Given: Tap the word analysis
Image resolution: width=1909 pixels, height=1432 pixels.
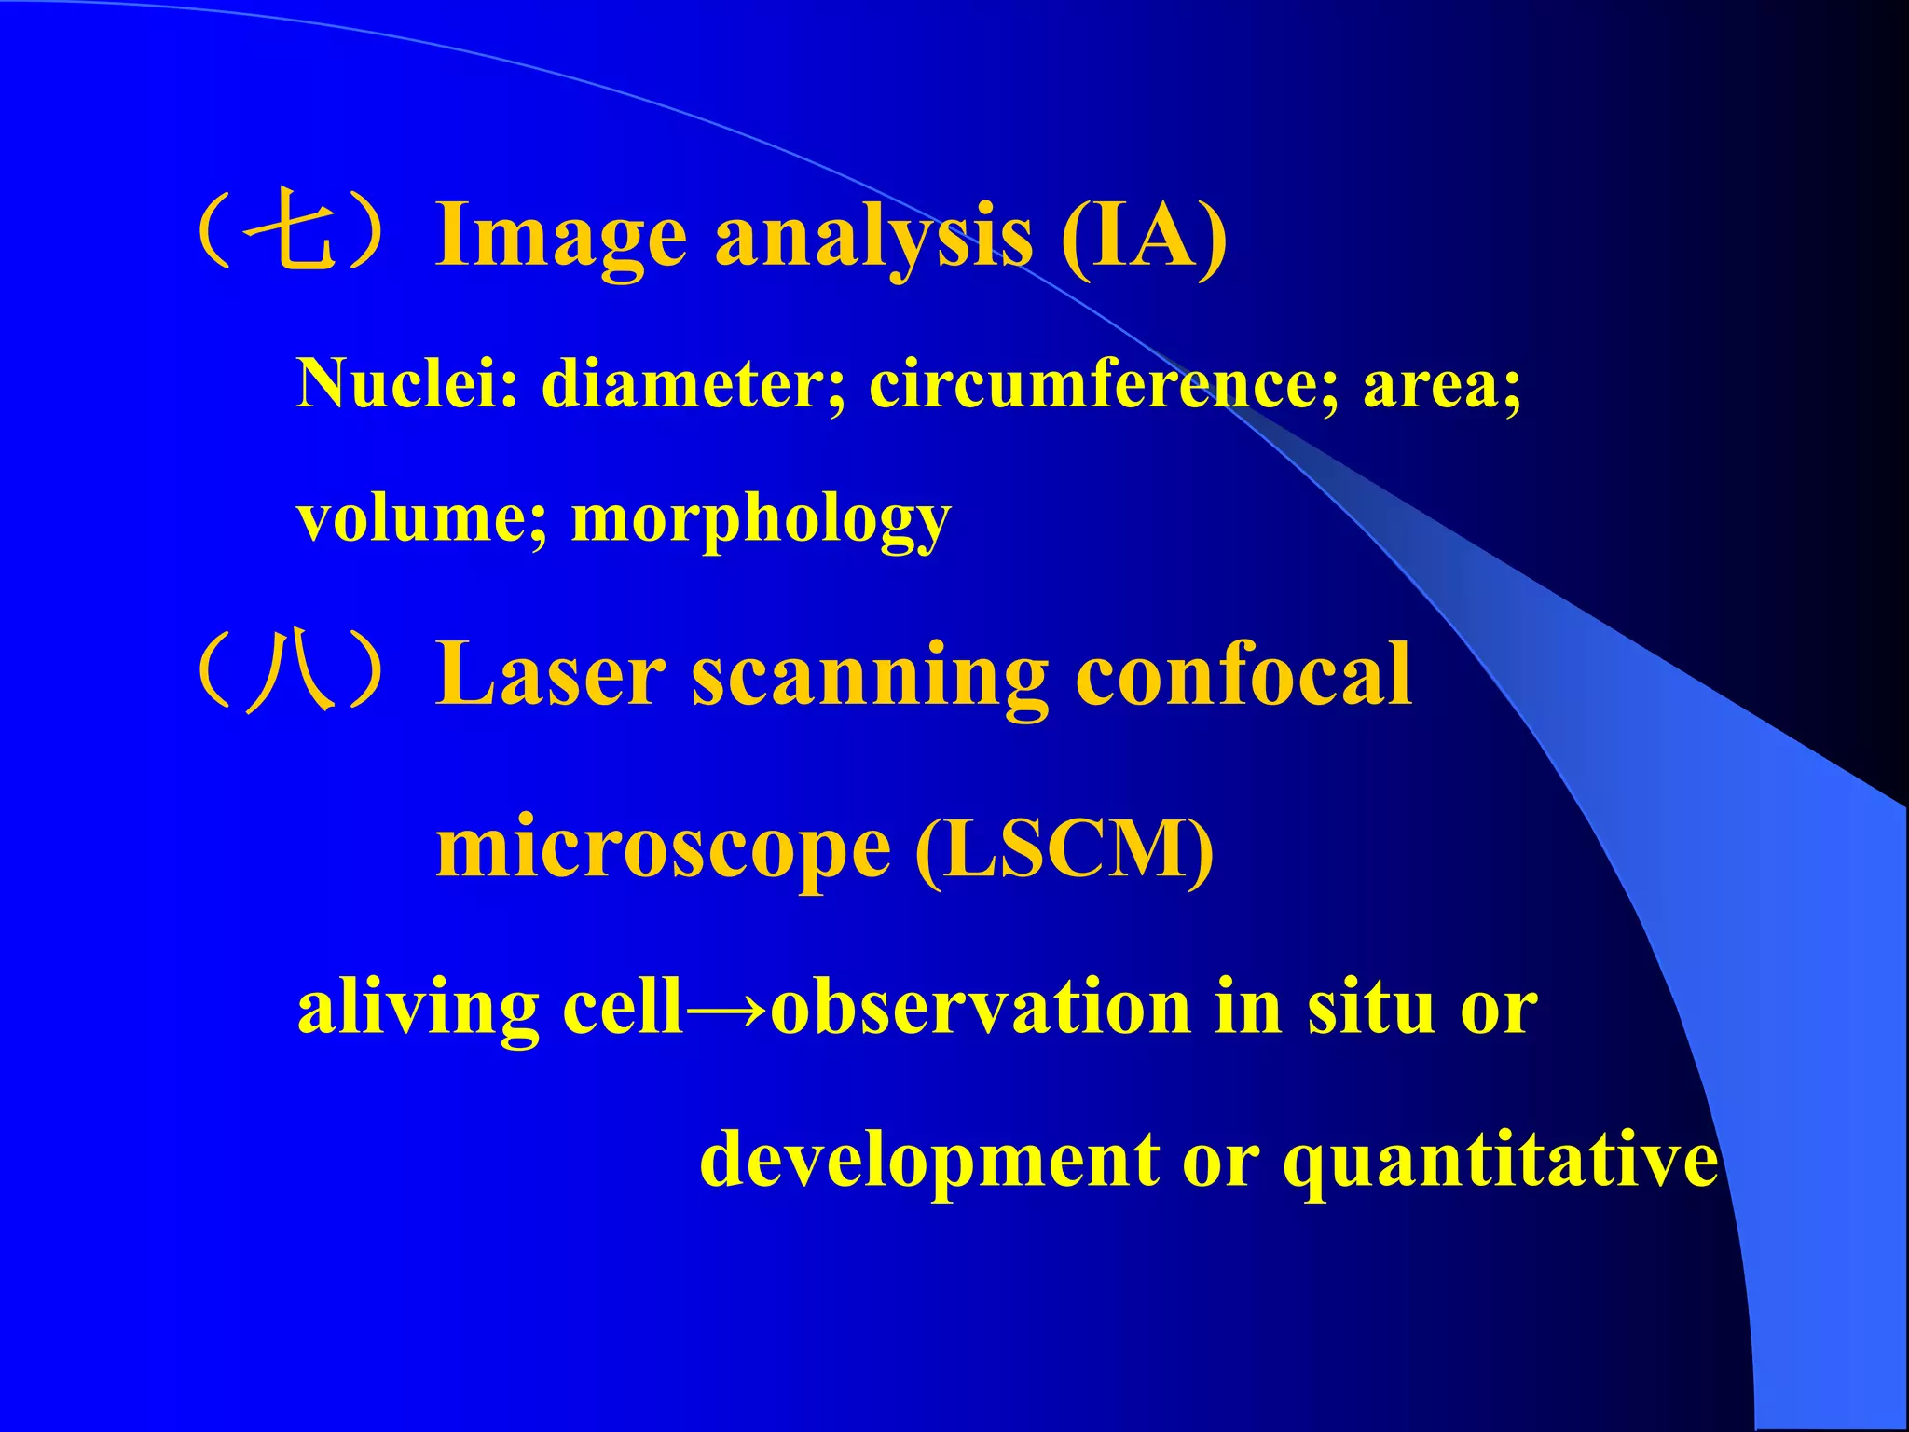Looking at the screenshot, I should click(873, 238).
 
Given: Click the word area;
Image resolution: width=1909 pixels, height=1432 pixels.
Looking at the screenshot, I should click(1441, 386).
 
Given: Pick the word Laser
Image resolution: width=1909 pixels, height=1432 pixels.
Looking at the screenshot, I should click(552, 675).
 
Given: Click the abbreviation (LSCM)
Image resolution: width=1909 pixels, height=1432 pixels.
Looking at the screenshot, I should click(1064, 848).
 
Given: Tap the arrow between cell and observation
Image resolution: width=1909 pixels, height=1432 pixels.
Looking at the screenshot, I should click(726, 1009).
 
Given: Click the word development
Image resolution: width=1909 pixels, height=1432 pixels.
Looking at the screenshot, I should click(929, 1162).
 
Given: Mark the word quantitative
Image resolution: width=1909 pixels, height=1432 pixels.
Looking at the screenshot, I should click(1500, 1162).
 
